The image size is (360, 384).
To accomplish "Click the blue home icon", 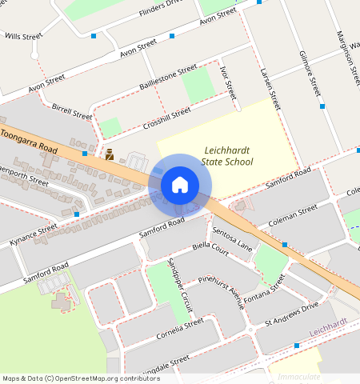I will [x=180, y=185].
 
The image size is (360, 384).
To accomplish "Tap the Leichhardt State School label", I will [x=227, y=155].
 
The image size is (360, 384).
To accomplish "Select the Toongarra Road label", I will [x=30, y=142].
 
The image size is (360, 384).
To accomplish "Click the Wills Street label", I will [x=22, y=36].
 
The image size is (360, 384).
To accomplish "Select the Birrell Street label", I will [x=72, y=110].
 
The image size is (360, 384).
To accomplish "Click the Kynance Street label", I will [x=34, y=234].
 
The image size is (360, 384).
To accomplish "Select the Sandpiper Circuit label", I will [x=179, y=285].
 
